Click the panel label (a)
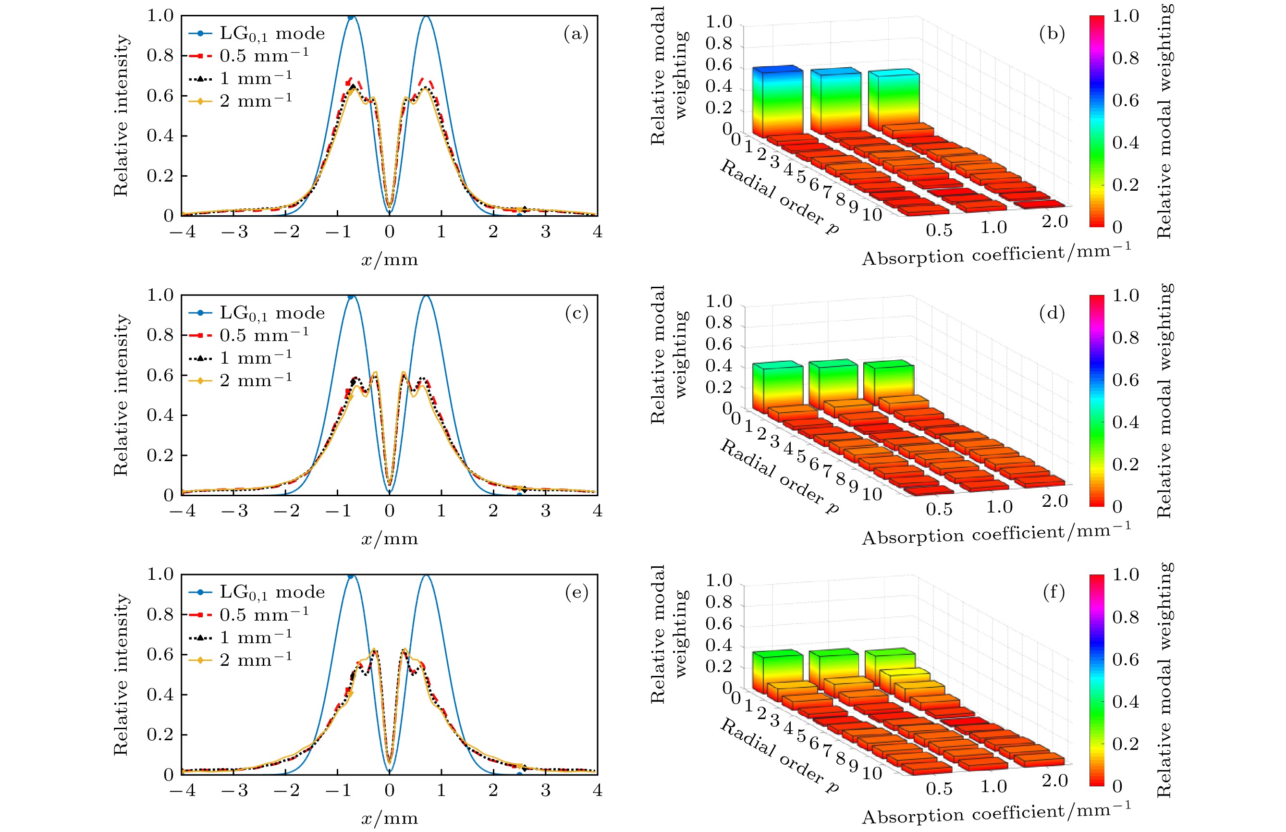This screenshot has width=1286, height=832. pos(576,34)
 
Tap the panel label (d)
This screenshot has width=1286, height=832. pos(1052,313)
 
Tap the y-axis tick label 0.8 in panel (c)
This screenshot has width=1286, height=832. pos(160,335)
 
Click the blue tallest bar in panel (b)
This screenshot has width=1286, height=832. pos(778,100)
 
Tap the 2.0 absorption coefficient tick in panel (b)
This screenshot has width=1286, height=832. pos(1054,222)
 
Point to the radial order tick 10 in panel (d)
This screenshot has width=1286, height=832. pos(871,494)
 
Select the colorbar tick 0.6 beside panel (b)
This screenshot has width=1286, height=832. pos(1125,100)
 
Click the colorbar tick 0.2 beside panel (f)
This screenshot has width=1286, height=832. pos(1125,744)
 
